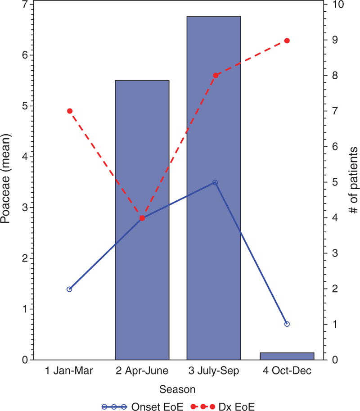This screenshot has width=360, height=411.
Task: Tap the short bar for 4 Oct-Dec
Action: pyautogui.click(x=287, y=356)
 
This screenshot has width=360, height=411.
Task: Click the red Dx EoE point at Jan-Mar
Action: pyautogui.click(x=70, y=111)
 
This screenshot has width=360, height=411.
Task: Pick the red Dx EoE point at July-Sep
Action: pyautogui.click(x=215, y=75)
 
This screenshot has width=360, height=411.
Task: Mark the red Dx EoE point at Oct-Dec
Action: pyautogui.click(x=287, y=41)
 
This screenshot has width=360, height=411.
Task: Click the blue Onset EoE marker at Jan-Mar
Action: pyautogui.click(x=69, y=289)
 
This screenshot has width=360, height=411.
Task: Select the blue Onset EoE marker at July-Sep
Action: pyautogui.click(x=215, y=182)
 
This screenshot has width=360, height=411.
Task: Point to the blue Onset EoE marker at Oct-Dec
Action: pyautogui.click(x=287, y=324)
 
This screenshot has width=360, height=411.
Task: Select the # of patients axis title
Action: pyautogui.click(x=354, y=180)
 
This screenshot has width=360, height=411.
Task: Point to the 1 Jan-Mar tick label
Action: pyautogui.click(x=69, y=371)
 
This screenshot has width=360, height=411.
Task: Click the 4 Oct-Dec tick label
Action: pyautogui.click(x=287, y=371)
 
